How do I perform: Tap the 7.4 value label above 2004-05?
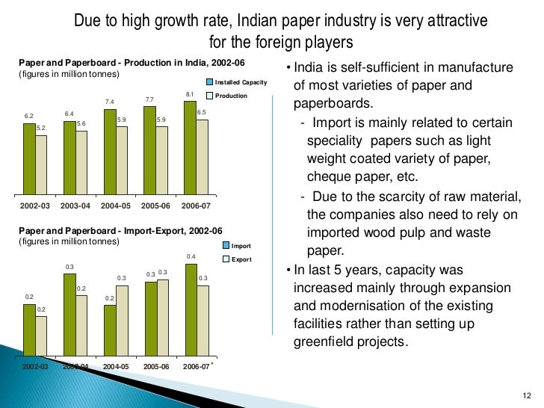(x=109, y=102)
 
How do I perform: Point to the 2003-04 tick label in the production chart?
(x=75, y=205)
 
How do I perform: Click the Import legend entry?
(x=240, y=246)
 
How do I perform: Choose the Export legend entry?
(x=240, y=259)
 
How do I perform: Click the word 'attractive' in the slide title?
(x=451, y=22)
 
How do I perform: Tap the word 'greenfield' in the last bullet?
(x=323, y=342)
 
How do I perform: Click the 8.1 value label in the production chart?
(x=189, y=94)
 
